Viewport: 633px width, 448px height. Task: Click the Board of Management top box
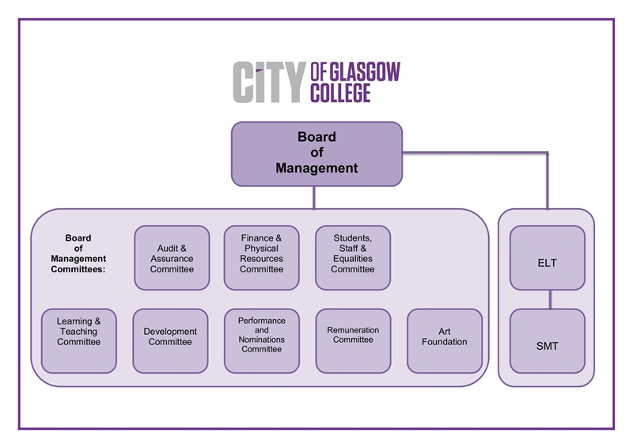pos(316,154)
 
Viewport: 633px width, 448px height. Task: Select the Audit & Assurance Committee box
pos(172,258)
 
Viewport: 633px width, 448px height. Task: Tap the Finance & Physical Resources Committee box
pos(262,258)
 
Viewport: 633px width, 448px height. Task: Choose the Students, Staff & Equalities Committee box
pos(353,258)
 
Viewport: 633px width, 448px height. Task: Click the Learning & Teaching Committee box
pos(78,340)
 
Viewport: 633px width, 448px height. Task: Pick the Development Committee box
pos(170,340)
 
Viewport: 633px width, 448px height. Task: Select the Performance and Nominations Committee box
pos(262,340)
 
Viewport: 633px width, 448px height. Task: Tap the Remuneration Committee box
pos(353,340)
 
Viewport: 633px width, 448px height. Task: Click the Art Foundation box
pos(445,340)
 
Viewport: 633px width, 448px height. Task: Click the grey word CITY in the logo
pos(268,82)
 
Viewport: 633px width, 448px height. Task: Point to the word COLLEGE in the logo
pos(340,93)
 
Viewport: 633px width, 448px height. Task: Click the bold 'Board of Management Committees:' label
pos(78,253)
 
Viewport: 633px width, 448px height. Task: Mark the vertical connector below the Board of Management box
pos(314,198)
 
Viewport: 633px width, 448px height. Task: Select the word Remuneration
pos(353,330)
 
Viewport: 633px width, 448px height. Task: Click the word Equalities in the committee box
pos(353,259)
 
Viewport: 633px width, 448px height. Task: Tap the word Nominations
pos(262,340)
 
